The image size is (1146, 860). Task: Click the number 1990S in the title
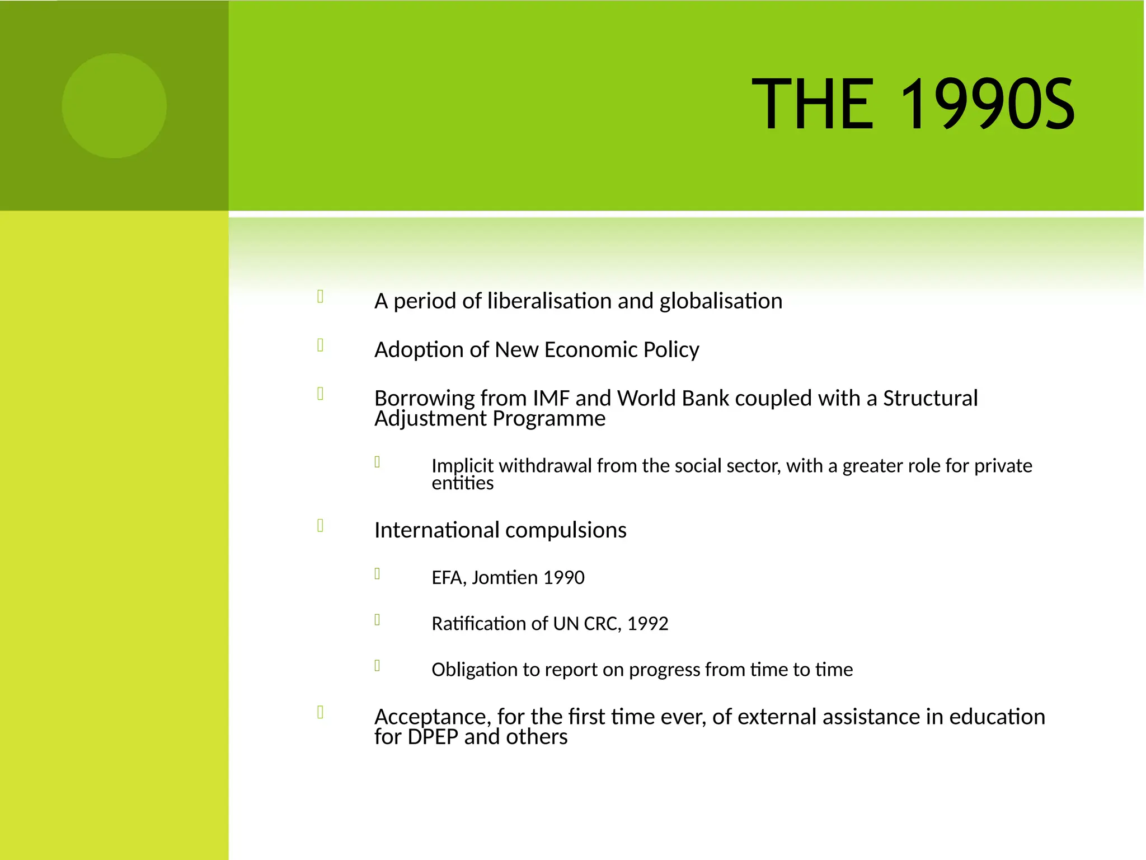tap(987, 105)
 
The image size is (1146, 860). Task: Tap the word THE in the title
tap(812, 105)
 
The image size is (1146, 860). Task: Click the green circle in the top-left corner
tap(114, 106)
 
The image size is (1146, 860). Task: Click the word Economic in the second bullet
tap(590, 350)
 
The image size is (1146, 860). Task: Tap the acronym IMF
tap(551, 398)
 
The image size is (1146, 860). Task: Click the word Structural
tap(930, 398)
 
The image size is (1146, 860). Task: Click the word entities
tap(462, 483)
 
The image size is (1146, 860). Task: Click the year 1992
tap(647, 624)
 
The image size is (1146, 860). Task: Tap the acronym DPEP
tap(433, 737)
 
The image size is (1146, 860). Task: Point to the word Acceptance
tap(433, 717)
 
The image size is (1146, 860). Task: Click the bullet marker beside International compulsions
tap(321, 525)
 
